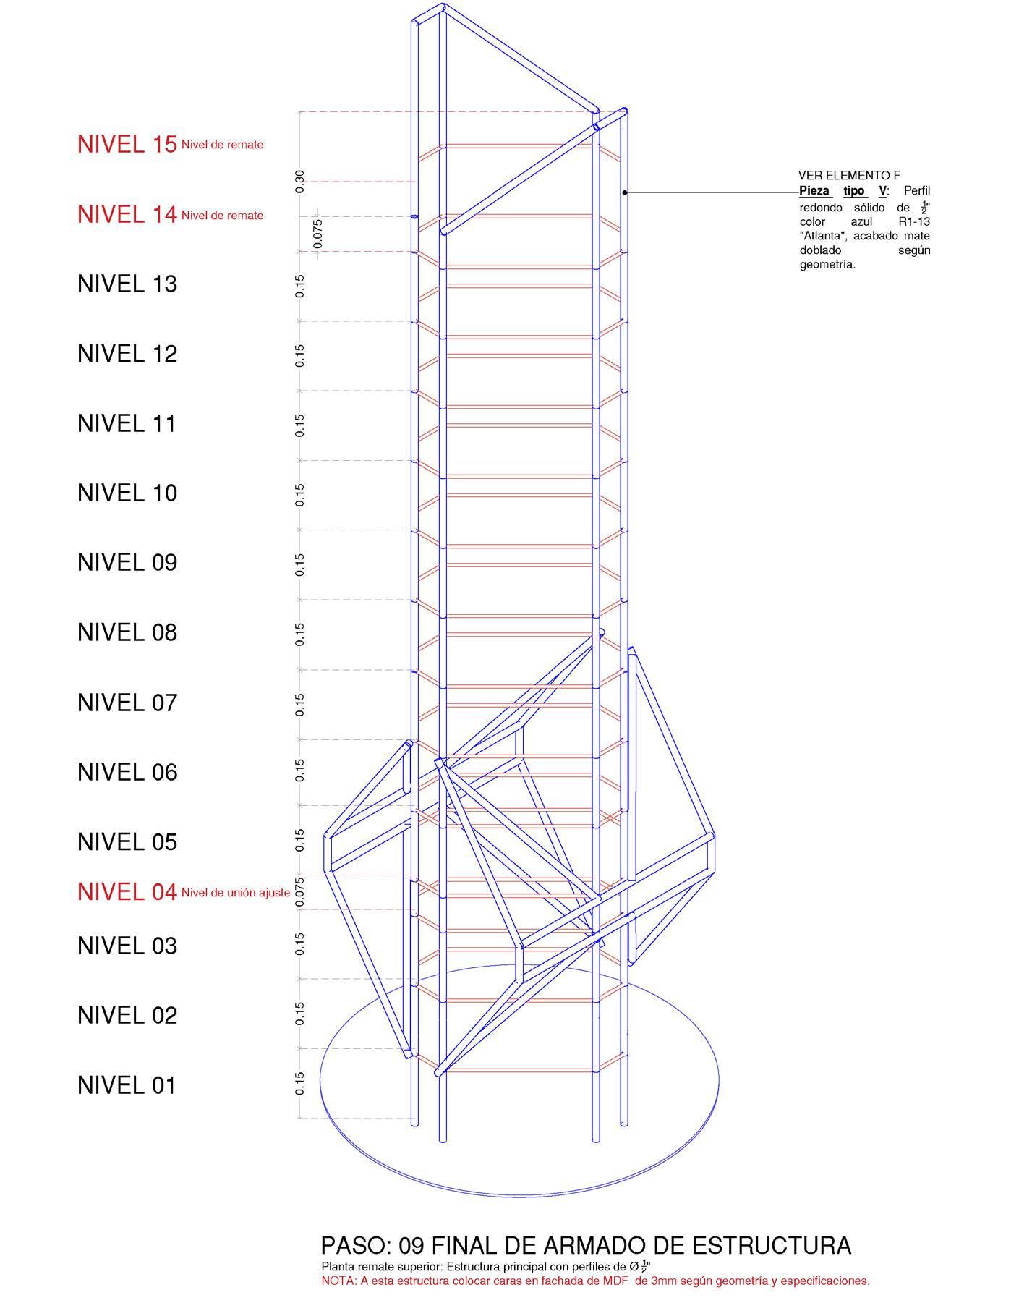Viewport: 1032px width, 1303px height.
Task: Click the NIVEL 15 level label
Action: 127,144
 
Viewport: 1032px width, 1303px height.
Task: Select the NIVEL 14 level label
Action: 127,214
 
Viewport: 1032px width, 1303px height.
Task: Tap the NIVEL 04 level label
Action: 127,892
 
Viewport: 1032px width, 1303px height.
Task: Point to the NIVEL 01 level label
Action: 127,1085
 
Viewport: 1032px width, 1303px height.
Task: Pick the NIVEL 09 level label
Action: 127,562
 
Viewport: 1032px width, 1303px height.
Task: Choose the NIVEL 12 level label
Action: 127,353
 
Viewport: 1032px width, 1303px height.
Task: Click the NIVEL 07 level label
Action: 127,702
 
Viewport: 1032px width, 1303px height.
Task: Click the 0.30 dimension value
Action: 300,181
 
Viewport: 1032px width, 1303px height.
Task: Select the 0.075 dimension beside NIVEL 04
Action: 300,892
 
